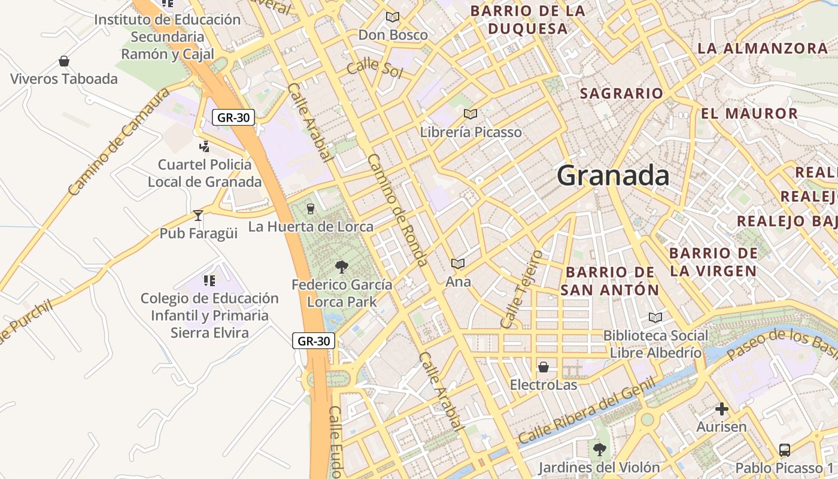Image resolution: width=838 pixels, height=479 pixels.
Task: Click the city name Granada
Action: (x=613, y=176)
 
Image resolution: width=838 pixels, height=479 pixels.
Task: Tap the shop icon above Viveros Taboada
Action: (x=64, y=61)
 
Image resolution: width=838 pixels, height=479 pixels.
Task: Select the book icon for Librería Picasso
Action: (x=470, y=114)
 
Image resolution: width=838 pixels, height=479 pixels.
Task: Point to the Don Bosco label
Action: (x=393, y=35)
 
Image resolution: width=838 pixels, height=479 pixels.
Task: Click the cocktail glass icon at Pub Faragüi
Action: (x=198, y=215)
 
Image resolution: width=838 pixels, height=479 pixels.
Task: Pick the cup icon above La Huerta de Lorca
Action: (x=310, y=208)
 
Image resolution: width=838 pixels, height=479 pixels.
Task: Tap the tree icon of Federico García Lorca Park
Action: (x=342, y=266)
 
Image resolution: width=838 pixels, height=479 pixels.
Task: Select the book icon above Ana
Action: (x=458, y=263)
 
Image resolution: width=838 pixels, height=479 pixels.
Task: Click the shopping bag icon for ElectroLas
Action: (x=544, y=367)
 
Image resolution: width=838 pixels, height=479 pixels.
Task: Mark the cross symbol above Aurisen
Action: (x=722, y=409)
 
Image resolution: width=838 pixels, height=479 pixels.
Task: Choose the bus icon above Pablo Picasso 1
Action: (x=784, y=450)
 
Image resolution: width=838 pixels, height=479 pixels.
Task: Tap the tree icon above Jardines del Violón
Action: (x=599, y=449)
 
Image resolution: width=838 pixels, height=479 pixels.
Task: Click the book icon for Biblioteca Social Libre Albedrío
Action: (x=655, y=317)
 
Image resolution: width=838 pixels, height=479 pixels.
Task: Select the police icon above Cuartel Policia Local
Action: (x=204, y=146)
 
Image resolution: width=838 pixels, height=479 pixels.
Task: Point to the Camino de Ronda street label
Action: (x=397, y=210)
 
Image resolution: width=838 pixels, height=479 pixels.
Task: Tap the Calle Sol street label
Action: (x=375, y=68)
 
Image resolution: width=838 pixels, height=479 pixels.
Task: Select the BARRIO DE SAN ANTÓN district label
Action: (x=609, y=281)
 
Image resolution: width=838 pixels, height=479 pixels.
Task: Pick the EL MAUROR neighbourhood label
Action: (x=749, y=113)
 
